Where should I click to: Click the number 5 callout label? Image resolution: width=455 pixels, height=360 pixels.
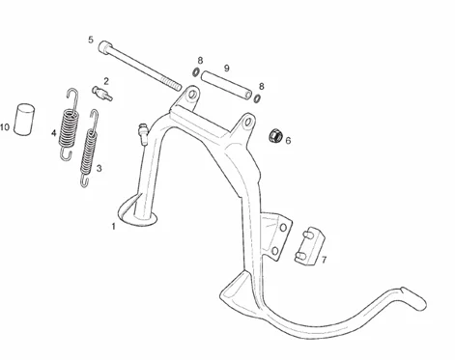(91, 40)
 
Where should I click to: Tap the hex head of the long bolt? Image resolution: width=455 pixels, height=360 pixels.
(104, 47)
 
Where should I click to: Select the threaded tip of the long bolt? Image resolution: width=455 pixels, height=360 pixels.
(175, 85)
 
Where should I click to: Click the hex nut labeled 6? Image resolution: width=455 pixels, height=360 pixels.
(275, 135)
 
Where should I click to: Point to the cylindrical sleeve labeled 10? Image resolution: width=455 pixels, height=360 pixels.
(24, 119)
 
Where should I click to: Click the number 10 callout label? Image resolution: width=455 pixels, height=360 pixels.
(5, 127)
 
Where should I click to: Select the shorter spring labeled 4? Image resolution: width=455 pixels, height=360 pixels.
(69, 124)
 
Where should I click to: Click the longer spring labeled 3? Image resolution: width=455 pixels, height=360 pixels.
(89, 148)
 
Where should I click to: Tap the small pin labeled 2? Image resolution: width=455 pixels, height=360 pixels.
(102, 93)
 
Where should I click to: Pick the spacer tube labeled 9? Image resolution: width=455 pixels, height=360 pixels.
(226, 86)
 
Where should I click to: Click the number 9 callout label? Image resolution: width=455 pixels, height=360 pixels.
(227, 69)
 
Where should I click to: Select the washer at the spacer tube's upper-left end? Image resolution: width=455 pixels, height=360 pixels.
(195, 72)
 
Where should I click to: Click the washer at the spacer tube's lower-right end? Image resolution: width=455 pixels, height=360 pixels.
(257, 98)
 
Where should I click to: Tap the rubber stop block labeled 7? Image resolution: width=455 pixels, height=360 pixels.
(309, 246)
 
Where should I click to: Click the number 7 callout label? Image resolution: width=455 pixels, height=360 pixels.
(324, 260)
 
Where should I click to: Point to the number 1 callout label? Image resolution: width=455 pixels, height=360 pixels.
(113, 227)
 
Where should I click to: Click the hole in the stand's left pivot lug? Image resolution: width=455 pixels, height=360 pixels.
(193, 95)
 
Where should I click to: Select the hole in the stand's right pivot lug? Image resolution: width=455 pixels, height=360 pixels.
(248, 122)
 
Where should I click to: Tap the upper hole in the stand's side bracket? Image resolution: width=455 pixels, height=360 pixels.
(283, 228)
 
